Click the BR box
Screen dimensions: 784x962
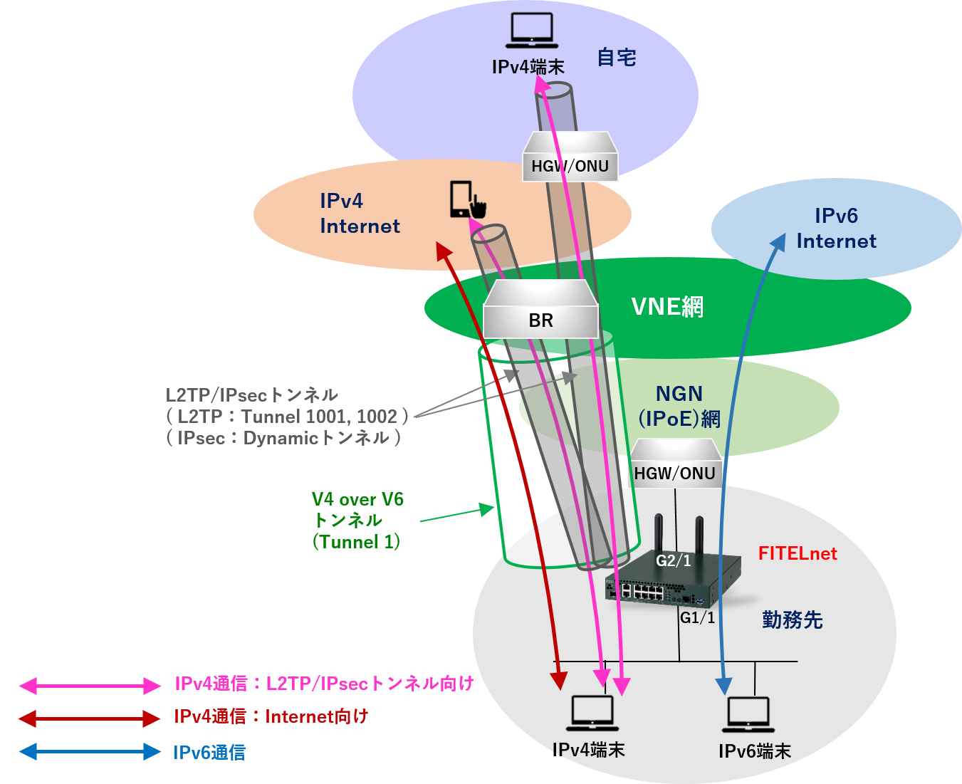pos(540,320)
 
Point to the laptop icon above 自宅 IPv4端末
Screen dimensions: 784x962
pos(532,31)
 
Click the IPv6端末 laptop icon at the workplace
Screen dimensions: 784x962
pos(748,714)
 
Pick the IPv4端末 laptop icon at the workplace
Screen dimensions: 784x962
pos(592,713)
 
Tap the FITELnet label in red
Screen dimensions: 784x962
pos(797,553)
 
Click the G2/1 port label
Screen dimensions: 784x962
pos(673,560)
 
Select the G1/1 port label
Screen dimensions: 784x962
pos(697,617)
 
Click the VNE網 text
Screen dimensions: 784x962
pos(667,307)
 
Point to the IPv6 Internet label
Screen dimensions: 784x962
pos(836,228)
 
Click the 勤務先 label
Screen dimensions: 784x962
pos(792,620)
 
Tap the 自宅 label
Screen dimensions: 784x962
pos(616,58)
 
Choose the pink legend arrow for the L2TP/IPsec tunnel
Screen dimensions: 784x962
pos(90,686)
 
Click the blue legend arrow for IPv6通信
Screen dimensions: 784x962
pos(90,751)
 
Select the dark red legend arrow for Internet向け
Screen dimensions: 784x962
pos(90,718)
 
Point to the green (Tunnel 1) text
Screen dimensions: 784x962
pos(356,542)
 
